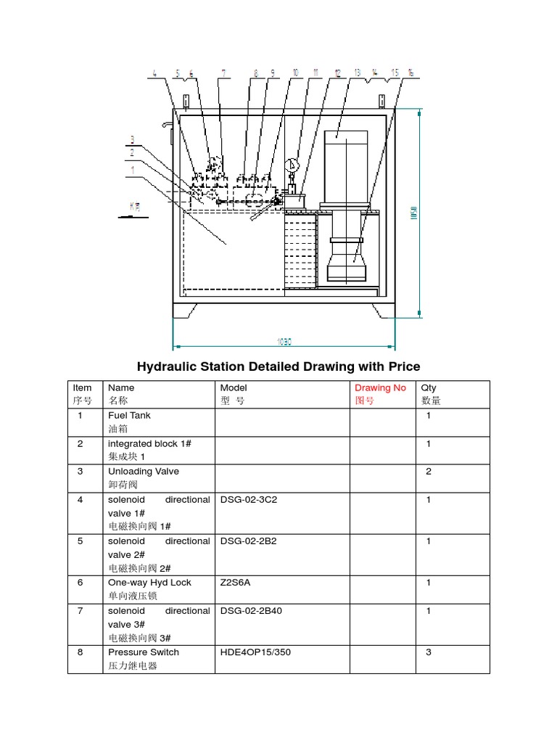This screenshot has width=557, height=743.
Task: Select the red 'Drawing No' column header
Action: tap(380, 388)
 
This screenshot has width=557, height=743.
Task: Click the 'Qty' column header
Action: tap(429, 388)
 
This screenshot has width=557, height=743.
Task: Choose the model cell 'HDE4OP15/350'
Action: tap(255, 652)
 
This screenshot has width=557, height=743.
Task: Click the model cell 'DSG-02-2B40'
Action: tap(251, 611)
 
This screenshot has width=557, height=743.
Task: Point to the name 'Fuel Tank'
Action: tap(129, 416)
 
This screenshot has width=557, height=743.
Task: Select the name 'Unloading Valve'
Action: tap(143, 472)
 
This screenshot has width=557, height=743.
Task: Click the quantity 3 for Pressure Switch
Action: tap(429, 652)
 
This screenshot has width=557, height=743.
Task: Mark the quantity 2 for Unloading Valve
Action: tap(429, 472)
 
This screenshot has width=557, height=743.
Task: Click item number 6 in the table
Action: tap(81, 583)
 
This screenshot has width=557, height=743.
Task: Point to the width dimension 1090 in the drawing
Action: tap(284, 341)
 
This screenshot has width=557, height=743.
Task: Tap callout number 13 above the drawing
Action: tap(358, 73)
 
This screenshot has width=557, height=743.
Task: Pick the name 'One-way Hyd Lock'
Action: tap(149, 583)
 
